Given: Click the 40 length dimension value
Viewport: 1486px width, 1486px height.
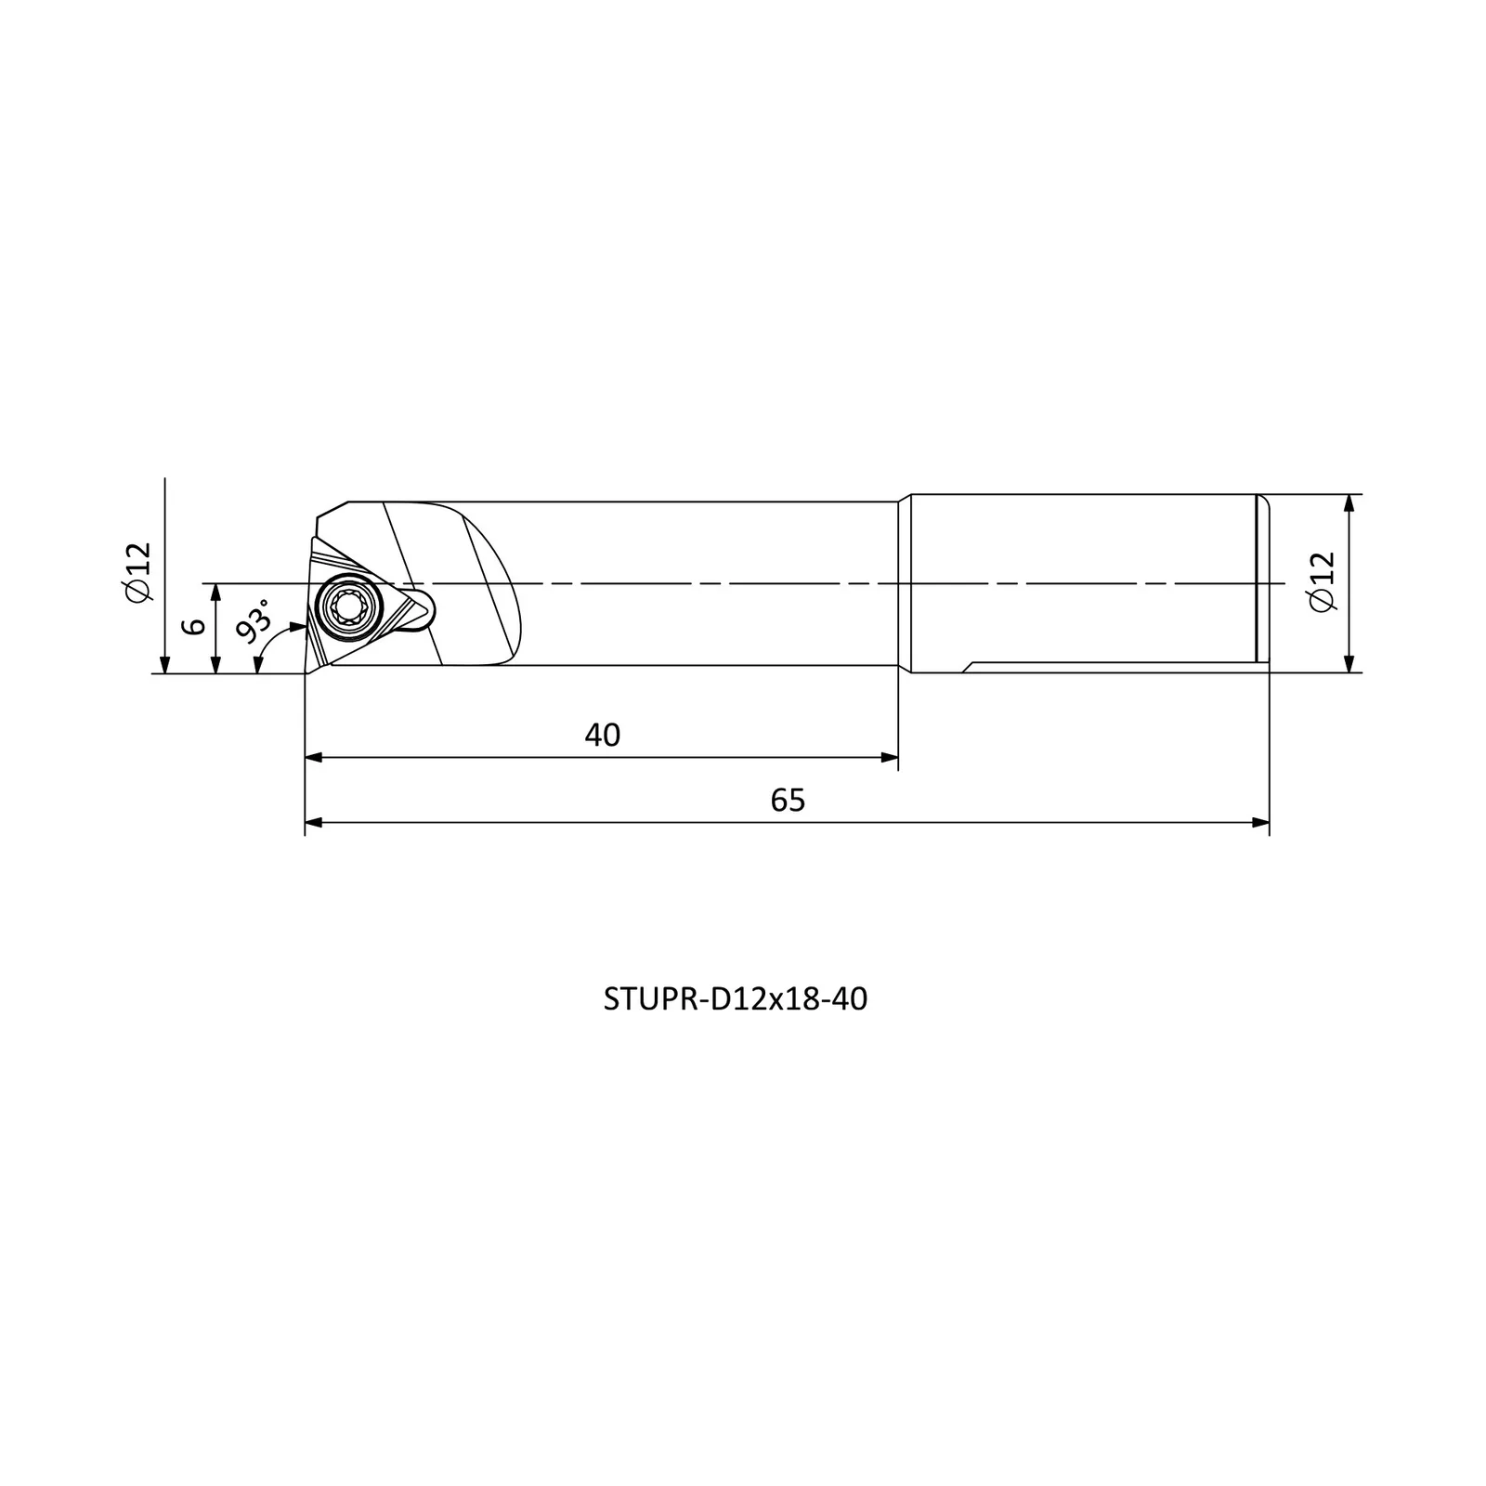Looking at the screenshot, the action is tap(602, 735).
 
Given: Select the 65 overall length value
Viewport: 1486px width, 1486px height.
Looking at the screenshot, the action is tap(788, 800).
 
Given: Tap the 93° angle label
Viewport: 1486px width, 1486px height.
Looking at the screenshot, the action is tap(253, 619).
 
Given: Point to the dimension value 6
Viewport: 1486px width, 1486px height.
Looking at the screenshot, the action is tap(194, 626).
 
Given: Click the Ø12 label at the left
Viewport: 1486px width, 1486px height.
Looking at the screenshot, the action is tap(137, 572).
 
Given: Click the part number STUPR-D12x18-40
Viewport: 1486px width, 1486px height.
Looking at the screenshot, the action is tap(736, 999).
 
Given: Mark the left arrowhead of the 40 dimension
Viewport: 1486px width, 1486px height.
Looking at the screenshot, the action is tap(314, 758).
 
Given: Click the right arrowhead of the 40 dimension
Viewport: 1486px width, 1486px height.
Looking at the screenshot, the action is tap(889, 758).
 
